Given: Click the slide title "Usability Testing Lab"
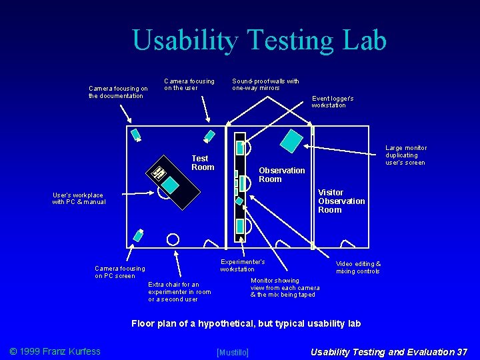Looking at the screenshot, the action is coord(259,41).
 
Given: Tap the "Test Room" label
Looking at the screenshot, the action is coord(203,163).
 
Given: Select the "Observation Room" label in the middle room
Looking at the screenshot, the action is coord(281,175).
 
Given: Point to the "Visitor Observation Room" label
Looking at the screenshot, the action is coord(341,201).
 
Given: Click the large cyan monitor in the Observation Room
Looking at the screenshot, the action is coord(291,139).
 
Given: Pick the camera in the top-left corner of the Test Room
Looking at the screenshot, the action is coord(135,133).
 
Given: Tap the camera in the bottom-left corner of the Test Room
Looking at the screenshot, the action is coord(139,235).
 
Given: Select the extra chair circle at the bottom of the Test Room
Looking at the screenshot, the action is coord(173,238).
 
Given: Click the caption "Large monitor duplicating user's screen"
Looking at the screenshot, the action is coord(406,155).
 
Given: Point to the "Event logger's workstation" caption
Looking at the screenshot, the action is coord(333,101).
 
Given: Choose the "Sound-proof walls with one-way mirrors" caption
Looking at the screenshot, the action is coord(265,84).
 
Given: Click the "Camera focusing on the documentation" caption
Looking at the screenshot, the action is coord(118,92).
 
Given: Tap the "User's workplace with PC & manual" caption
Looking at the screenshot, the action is coord(79,199).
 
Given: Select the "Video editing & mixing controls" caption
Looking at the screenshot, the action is coord(358,267).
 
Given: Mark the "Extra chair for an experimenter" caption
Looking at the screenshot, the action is coord(179,292).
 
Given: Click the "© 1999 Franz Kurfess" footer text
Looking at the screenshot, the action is coord(55,351).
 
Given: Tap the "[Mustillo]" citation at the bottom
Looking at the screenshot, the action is coord(233,352).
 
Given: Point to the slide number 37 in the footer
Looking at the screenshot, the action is coord(461,351).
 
